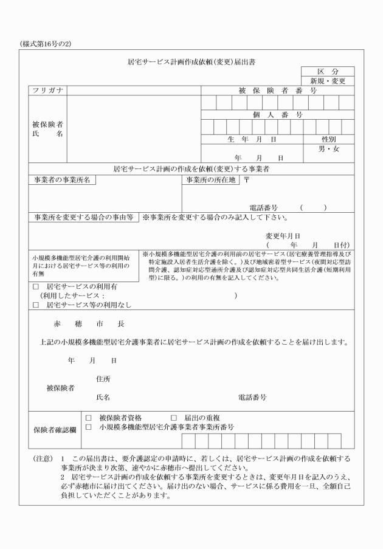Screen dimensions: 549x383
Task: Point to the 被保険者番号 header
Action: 277,91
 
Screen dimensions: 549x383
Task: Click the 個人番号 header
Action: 277,114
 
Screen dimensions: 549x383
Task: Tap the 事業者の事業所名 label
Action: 62,181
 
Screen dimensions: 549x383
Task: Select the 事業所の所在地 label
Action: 211,181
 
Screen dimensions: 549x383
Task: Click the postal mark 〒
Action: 246,181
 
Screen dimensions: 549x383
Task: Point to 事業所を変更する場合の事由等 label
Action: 84,217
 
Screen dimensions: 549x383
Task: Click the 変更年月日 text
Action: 283,236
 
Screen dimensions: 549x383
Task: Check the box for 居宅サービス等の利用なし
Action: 35,305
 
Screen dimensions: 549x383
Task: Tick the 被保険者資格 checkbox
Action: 88,418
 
